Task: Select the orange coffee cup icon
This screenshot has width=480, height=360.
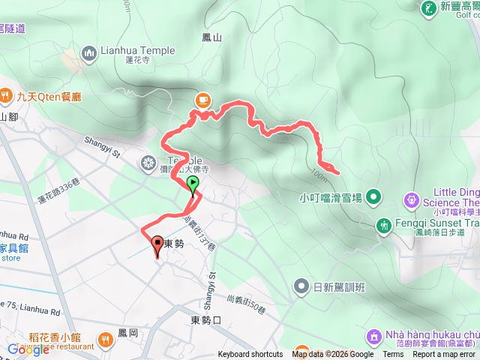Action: click(203, 99)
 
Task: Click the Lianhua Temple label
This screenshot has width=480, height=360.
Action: click(138, 51)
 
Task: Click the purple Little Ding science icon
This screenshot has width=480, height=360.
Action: click(412, 200)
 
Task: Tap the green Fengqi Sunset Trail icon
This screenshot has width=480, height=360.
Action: click(384, 224)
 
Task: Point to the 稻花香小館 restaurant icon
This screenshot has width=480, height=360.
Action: click(104, 341)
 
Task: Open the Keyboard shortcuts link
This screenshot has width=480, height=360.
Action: click(251, 355)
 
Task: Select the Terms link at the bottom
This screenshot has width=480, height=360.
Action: click(393, 355)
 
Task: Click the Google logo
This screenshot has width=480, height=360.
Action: click(28, 349)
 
